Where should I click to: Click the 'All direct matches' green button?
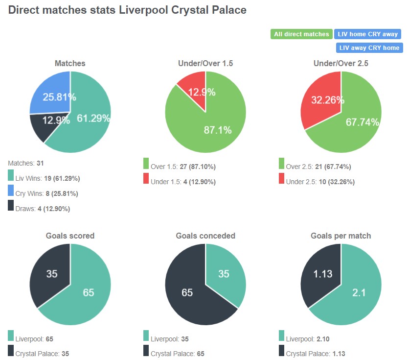pyautogui.click(x=301, y=34)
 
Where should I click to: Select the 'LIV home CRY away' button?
pyautogui.click(x=367, y=34)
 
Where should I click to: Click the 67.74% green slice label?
pyautogui.click(x=362, y=122)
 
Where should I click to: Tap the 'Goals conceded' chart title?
pyautogui.click(x=205, y=236)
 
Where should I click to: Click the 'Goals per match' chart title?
pyautogui.click(x=341, y=236)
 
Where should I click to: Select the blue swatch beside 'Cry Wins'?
pyautogui.click(x=11, y=193)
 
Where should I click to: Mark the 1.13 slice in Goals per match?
pyautogui.click(x=322, y=274)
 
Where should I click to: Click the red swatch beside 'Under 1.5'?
pyautogui.click(x=146, y=182)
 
